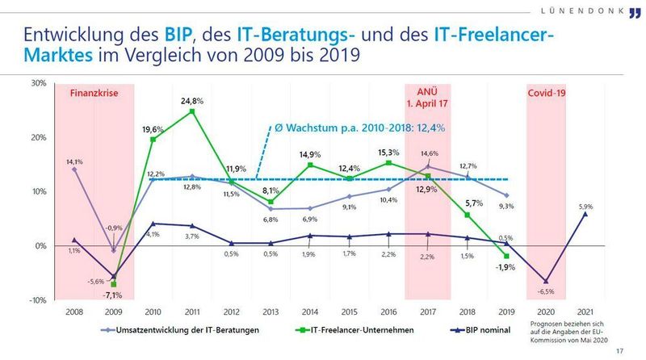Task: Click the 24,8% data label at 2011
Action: click(x=191, y=101)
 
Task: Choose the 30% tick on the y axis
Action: click(x=39, y=83)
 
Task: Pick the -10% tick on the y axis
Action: click(x=37, y=300)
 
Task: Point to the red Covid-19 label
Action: click(x=546, y=94)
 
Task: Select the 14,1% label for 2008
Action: click(x=73, y=161)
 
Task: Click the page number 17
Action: click(x=619, y=350)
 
